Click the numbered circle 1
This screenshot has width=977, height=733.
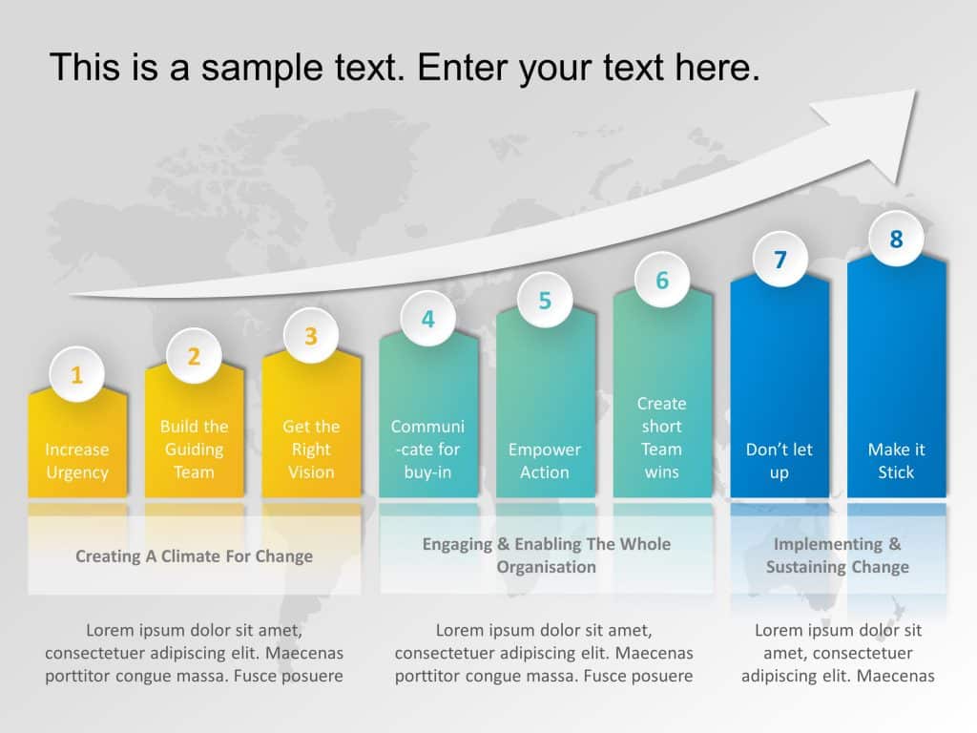tap(77, 375)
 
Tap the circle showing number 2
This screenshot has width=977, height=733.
tap(194, 356)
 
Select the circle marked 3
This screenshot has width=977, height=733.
tap(311, 336)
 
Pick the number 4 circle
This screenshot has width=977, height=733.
tap(427, 319)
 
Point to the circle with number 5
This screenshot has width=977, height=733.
tap(545, 301)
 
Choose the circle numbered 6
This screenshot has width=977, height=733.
tap(662, 281)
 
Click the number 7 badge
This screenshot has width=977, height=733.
tap(780, 260)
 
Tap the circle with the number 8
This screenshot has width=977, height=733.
tap(896, 239)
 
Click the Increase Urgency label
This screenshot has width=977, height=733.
tap(77, 461)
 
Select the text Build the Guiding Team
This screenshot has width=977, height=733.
tap(194, 450)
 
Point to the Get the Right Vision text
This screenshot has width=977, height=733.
tap(311, 450)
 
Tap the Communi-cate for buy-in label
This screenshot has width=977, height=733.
tap(427, 450)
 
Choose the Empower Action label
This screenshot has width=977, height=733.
tap(545, 461)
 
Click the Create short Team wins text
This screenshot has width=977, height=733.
tap(662, 438)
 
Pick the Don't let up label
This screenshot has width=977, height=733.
tap(780, 461)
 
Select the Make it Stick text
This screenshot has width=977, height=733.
tap(896, 461)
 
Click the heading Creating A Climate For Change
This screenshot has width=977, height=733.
tap(194, 556)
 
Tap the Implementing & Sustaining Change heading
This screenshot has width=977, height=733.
tap(838, 555)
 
